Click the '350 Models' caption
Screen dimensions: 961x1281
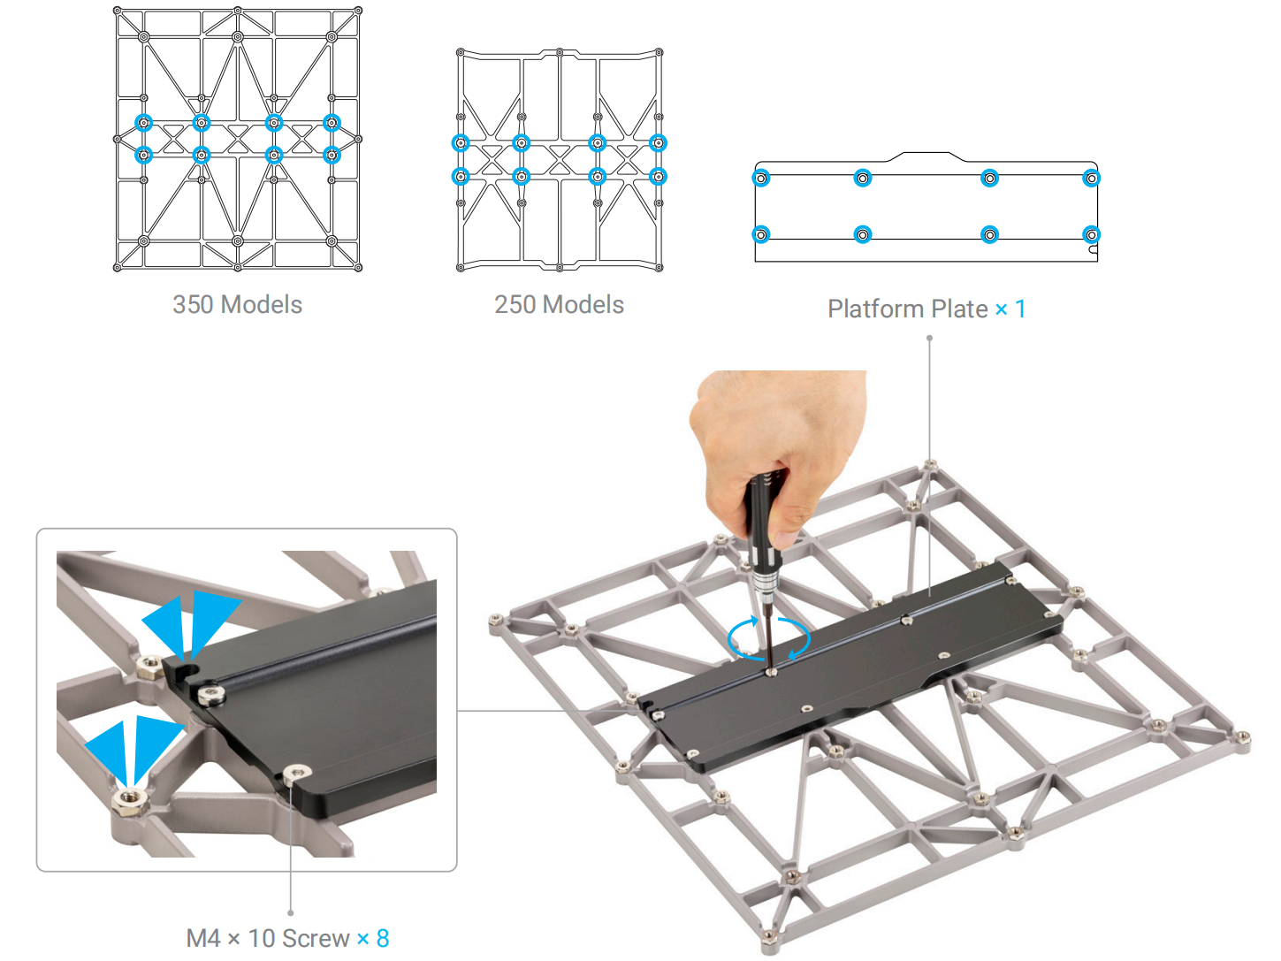pos(237,305)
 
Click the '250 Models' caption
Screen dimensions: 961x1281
pos(559,305)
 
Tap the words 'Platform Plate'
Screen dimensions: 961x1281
pos(907,309)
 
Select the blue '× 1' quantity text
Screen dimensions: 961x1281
pos(1010,309)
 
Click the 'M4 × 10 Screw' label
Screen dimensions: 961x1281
pos(268,938)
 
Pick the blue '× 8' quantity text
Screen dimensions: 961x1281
pos(373,938)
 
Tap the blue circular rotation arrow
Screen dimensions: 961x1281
pos(768,638)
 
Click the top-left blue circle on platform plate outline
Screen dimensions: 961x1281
pos(761,179)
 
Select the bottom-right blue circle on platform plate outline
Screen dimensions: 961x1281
pos(1092,234)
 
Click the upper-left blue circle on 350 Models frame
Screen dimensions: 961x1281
pos(144,123)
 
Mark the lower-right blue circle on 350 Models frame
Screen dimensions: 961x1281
pos(332,156)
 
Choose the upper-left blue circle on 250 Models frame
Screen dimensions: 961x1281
pos(461,143)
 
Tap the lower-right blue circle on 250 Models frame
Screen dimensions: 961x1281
pos(658,177)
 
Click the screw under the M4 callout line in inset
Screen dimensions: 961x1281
pos(296,774)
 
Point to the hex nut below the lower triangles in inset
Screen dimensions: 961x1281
pos(129,801)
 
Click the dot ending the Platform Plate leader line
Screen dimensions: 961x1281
pos(929,338)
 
